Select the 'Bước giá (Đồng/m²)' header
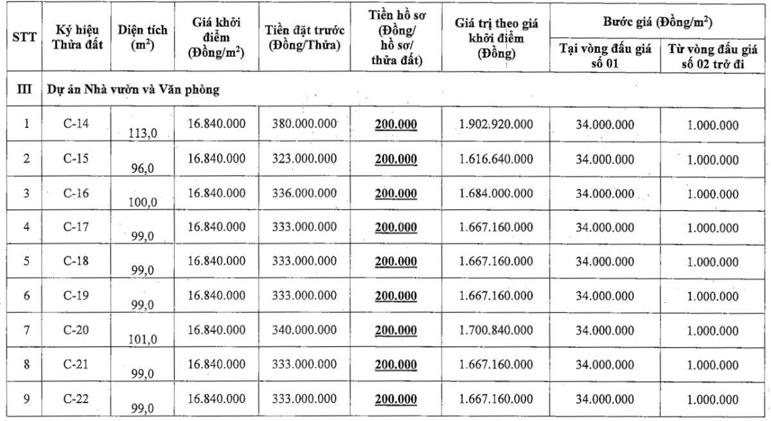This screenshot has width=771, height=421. tap(660, 22)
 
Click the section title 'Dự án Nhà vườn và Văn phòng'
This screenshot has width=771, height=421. tap(134, 90)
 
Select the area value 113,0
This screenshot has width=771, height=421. tap(144, 133)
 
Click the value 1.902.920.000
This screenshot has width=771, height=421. tap(496, 124)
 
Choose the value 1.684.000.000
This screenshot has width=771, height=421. tap(496, 193)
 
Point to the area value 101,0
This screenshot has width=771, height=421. tap(144, 339)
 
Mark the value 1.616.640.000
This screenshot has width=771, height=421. tap(496, 159)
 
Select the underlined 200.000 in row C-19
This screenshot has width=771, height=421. tap(396, 296)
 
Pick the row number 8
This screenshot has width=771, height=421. tap(26, 364)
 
